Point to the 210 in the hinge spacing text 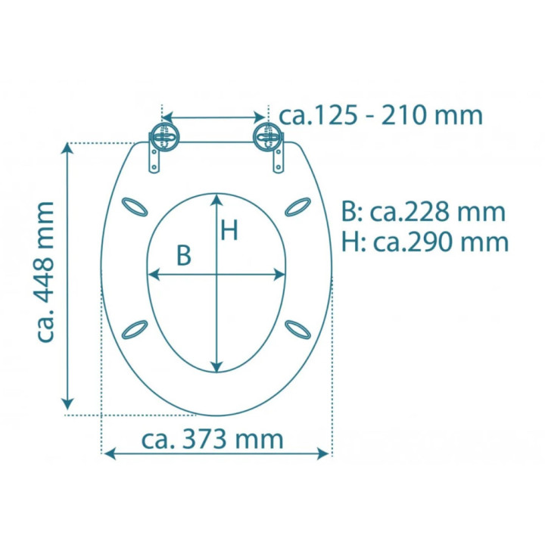[404, 116]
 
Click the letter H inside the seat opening [229, 230]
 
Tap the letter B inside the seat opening [184, 255]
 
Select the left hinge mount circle [164, 137]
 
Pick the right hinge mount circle [268, 137]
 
